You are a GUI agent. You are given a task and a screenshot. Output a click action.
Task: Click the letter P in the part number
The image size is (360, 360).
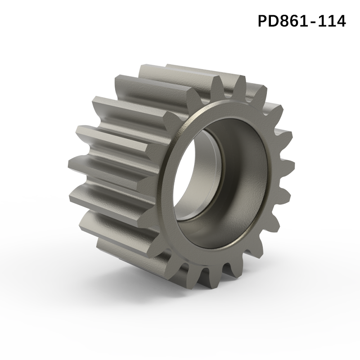(263, 21)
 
